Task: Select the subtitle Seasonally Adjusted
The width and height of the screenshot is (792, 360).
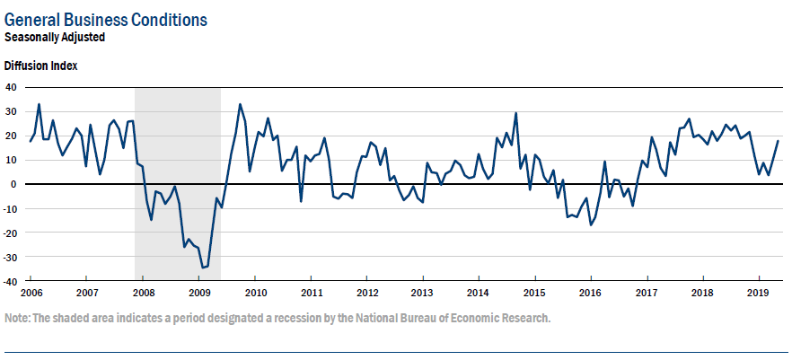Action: click(x=55, y=38)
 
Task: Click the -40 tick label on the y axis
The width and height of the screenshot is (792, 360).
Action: click(x=10, y=282)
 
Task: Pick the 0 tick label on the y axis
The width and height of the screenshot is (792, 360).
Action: click(x=14, y=184)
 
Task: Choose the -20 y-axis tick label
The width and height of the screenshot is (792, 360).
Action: click(x=10, y=233)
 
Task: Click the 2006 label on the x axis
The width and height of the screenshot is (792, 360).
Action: click(x=31, y=294)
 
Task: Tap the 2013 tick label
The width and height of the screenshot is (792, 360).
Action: click(x=422, y=294)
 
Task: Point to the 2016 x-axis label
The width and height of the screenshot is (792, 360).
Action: click(x=590, y=294)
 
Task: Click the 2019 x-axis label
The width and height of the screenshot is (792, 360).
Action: click(x=757, y=294)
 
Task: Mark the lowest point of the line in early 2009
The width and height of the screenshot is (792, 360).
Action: click(x=203, y=268)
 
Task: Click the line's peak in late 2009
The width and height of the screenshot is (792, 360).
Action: click(x=240, y=104)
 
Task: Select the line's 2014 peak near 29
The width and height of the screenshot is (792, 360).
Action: click(x=515, y=113)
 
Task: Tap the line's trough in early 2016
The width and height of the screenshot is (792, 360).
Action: click(x=591, y=224)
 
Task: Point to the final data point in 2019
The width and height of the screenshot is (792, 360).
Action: click(x=778, y=141)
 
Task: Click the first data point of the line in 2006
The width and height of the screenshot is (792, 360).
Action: click(x=31, y=141)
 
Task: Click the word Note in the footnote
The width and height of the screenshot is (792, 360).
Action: click(x=16, y=319)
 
